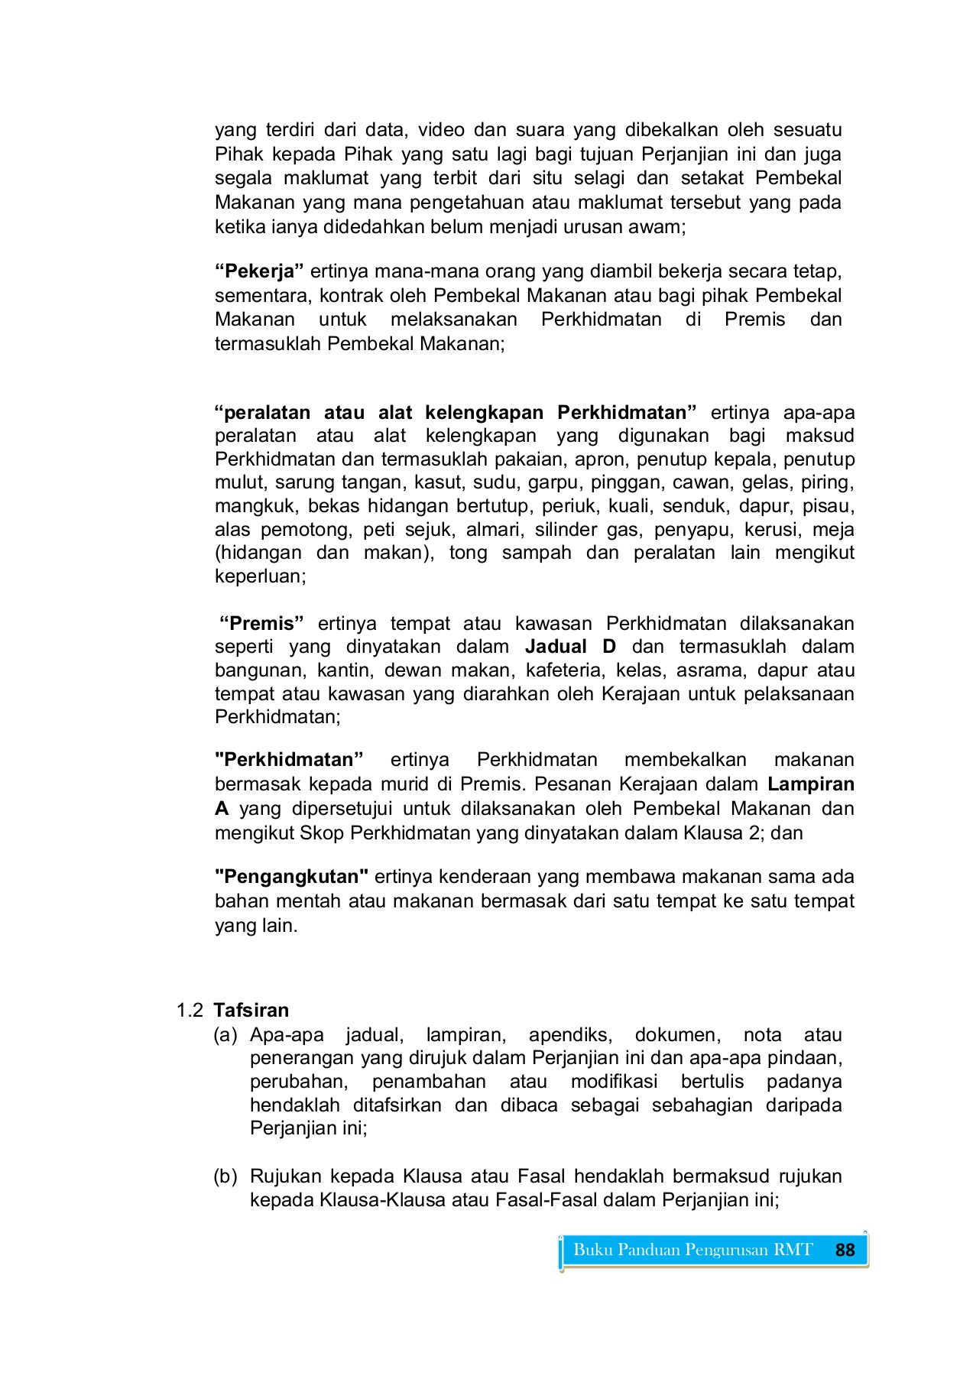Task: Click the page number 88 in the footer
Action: (845, 1250)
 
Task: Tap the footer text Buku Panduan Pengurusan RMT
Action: (692, 1250)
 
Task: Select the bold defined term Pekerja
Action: (260, 271)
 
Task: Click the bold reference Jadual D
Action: (570, 647)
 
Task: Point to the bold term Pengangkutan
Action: (292, 877)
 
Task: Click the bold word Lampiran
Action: (811, 784)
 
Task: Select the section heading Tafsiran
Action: (251, 1011)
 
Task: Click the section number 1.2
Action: (190, 1011)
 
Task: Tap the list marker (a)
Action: (225, 1035)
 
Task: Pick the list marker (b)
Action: (225, 1176)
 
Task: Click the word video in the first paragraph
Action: (441, 130)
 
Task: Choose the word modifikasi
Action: (614, 1082)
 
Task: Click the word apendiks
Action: (570, 1035)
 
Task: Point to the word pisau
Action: (831, 506)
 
